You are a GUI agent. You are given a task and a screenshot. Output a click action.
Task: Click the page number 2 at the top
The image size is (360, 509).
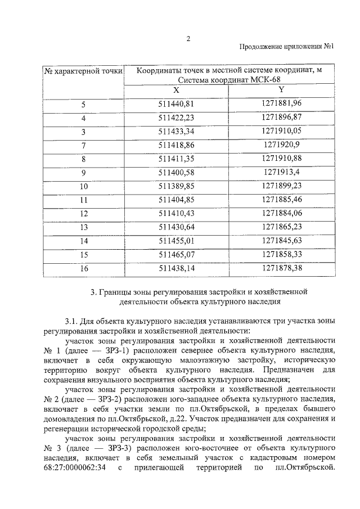point(188,38)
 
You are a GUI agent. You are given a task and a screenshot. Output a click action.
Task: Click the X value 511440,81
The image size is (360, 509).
point(176,104)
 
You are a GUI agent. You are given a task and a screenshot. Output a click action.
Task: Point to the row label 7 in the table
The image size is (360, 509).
point(83,145)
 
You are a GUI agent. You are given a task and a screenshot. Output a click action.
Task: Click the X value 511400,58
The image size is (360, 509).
point(176,172)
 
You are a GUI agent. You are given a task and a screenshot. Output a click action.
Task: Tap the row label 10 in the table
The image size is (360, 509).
point(83,186)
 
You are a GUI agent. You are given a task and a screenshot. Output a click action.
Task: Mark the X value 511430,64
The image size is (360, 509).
point(176,227)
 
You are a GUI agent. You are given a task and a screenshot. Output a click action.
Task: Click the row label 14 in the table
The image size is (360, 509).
point(83,241)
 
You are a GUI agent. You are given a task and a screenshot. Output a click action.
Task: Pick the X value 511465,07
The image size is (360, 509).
point(176,255)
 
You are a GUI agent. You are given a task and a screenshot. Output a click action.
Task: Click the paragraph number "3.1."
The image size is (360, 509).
point(72,321)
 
